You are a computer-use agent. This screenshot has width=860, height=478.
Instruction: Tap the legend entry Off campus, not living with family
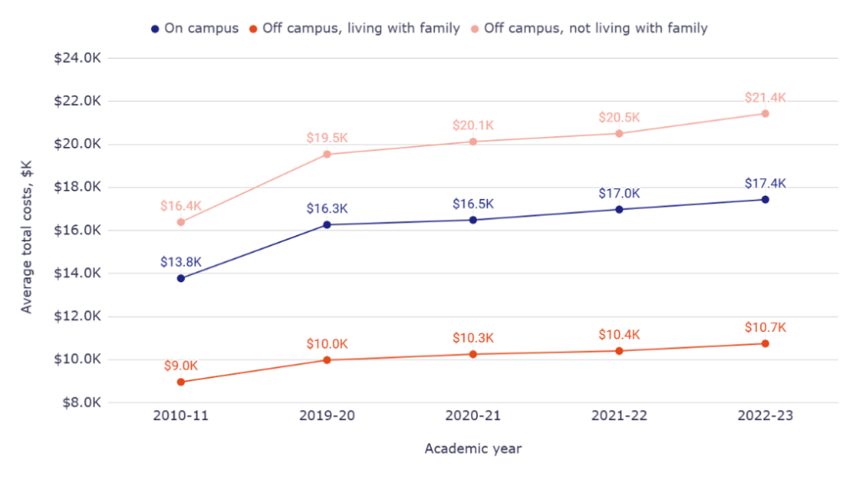click(x=595, y=28)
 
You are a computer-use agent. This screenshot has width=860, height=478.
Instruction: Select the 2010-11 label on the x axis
click(x=181, y=416)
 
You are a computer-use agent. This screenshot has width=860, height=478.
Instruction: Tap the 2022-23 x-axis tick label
click(x=765, y=416)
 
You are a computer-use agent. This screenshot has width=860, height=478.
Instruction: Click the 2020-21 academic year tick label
click(x=473, y=416)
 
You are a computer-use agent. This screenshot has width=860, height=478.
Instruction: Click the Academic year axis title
click(x=473, y=449)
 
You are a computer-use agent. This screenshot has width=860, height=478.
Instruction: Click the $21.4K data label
click(x=765, y=97)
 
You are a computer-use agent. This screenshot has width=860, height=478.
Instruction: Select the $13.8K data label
click(x=181, y=262)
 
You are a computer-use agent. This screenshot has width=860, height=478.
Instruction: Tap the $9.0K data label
click(x=181, y=365)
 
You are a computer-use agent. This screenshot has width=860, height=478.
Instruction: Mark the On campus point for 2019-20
click(x=327, y=224)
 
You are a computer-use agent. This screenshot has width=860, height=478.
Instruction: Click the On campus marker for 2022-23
click(x=765, y=199)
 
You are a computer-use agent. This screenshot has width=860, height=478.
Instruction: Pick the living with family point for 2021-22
click(x=619, y=350)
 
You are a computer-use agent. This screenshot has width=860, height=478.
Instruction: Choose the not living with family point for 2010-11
click(x=181, y=222)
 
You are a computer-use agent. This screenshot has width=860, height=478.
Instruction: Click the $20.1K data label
click(x=473, y=125)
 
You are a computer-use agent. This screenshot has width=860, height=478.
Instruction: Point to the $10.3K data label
click(x=473, y=337)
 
